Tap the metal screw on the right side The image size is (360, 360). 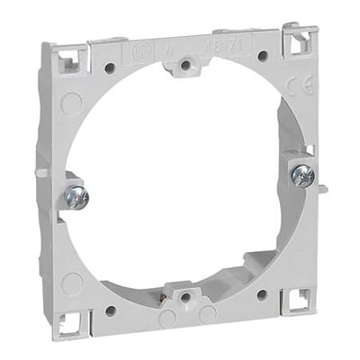[x=301, y=174]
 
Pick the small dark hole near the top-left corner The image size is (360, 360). [x=109, y=68]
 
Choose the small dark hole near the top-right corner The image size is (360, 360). [x=262, y=56]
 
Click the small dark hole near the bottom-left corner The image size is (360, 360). [x=111, y=310]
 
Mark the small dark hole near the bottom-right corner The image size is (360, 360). [x=261, y=293]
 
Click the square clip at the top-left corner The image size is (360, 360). [x=67, y=60]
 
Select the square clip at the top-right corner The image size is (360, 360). [x=298, y=41]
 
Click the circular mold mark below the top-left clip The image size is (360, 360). [x=71, y=102]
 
